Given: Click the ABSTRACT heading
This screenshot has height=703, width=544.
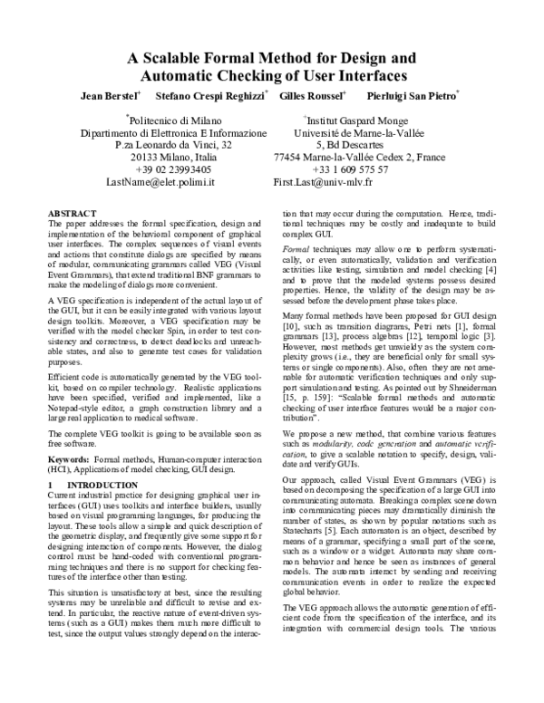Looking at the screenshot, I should [x=71, y=210].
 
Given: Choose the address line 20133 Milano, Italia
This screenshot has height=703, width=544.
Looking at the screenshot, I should [x=174, y=157].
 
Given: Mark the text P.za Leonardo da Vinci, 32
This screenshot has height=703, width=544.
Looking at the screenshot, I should [x=174, y=145].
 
